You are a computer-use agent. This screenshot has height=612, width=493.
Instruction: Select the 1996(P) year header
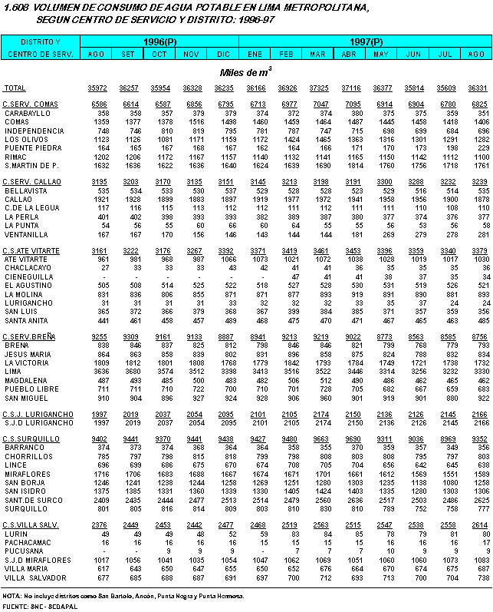point(159,41)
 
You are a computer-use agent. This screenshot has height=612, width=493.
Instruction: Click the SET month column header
point(127,55)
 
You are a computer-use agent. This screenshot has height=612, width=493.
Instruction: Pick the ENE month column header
point(255,55)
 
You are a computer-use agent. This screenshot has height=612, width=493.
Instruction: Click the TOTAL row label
point(15,89)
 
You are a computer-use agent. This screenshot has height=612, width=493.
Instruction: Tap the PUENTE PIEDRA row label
point(31,148)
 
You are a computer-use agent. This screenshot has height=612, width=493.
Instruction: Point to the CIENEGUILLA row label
point(28,276)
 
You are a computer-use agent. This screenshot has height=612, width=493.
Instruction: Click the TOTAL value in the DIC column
point(224,89)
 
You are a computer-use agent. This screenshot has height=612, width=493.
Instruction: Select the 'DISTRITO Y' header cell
point(40,41)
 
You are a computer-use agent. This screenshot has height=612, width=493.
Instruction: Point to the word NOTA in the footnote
point(12,596)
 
